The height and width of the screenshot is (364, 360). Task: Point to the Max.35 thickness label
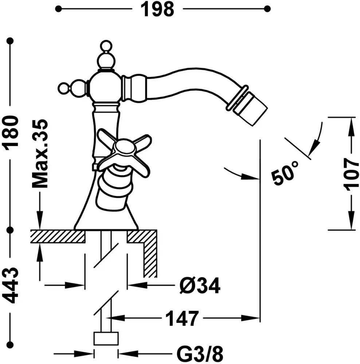(40, 153)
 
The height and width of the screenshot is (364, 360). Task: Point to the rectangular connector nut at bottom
(106, 339)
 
